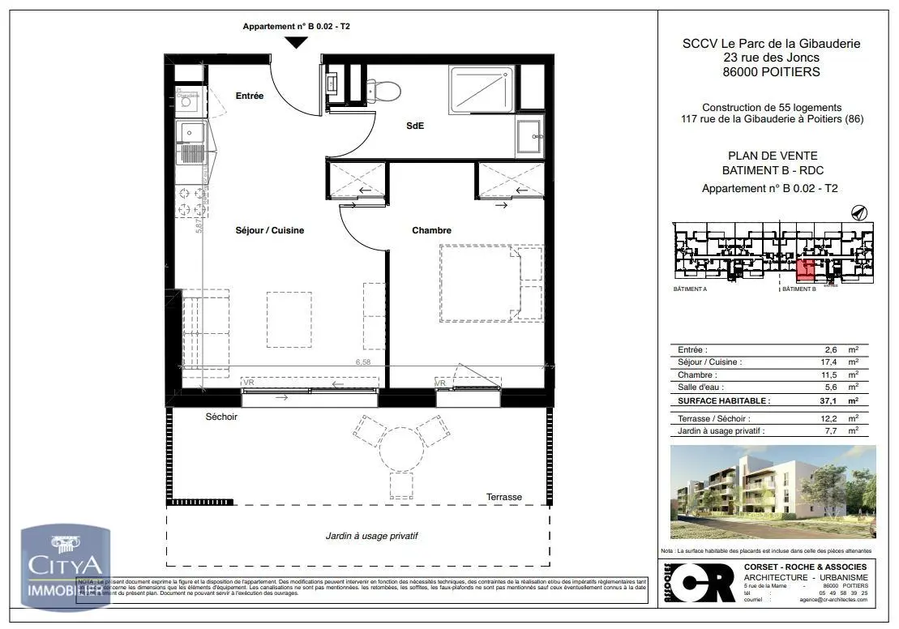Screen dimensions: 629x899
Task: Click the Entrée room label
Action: [250, 96]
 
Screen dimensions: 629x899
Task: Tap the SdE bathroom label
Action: [415, 126]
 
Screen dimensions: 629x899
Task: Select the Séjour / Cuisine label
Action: [271, 230]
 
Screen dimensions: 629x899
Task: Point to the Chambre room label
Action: [431, 230]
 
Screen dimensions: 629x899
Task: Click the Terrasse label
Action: [504, 497]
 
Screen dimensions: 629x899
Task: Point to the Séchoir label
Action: [221, 417]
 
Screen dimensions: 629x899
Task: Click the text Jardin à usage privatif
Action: [372, 536]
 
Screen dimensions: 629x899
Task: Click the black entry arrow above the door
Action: [297, 42]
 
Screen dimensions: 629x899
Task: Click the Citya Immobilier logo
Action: [65, 566]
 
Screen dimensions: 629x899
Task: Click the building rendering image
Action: [773, 491]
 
